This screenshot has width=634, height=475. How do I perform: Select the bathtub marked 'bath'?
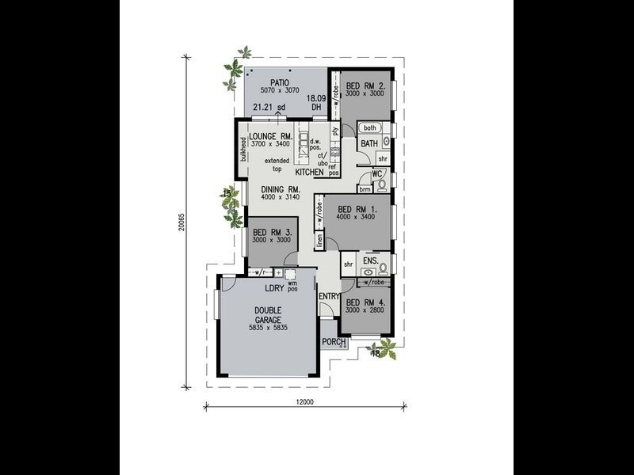369,127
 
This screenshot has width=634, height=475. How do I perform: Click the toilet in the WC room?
381,186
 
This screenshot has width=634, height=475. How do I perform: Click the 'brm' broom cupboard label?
365,189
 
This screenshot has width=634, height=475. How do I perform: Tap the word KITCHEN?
310,172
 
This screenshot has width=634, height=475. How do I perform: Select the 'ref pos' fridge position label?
334,169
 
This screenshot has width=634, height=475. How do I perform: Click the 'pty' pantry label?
334,131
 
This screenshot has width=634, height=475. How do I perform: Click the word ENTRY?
328,296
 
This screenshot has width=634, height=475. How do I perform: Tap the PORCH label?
334,342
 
